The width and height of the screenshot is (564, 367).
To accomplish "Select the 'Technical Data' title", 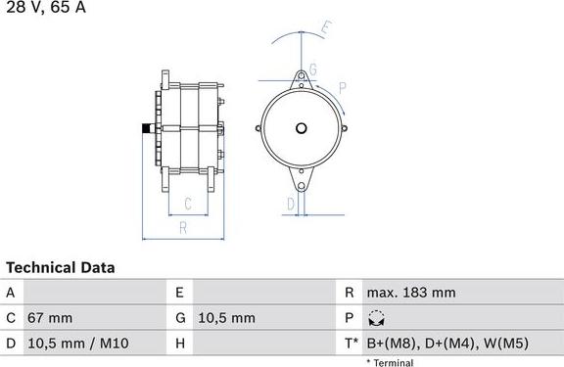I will (61, 267).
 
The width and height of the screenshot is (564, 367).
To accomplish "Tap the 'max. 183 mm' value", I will (410, 293).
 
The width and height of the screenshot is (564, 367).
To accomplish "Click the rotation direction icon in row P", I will (376, 318).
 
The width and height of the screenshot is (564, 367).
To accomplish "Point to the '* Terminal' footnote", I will (390, 362).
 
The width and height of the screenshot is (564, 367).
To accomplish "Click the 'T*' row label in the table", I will (350, 344).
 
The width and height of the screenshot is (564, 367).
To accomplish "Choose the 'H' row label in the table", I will (180, 344).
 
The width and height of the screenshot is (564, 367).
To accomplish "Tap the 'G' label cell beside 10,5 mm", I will (180, 318).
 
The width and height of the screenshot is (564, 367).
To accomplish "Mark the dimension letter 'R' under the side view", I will (183, 228).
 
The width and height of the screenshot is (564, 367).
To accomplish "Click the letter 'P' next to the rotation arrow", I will (343, 88).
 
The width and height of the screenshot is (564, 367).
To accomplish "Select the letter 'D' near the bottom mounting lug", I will (290, 204).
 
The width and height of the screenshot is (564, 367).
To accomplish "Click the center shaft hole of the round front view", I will (303, 128).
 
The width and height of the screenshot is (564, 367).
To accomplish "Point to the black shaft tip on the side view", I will (146, 128).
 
